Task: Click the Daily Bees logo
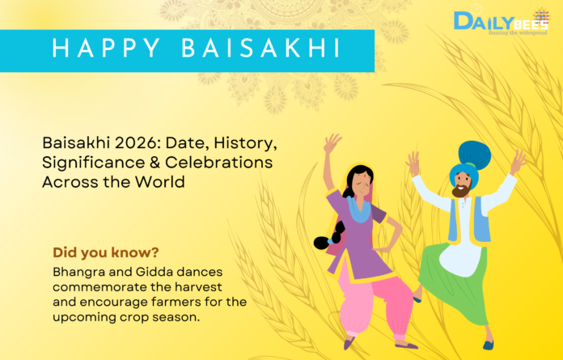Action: (501, 22)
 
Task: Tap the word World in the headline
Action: (160, 182)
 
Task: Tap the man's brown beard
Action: (460, 191)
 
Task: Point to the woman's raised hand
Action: (331, 142)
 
